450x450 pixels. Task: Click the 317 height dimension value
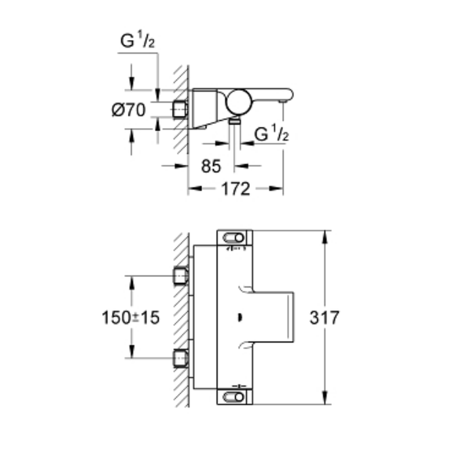[x=324, y=318]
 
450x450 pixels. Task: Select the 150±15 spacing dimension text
[x=130, y=318]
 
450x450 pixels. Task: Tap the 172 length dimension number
[x=236, y=189]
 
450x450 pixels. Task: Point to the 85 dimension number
[x=211, y=166]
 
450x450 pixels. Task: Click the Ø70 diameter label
[x=129, y=110]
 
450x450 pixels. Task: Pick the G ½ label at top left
[x=137, y=40]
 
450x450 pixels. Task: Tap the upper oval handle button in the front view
[x=233, y=238]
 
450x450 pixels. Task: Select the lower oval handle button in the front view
[x=233, y=397]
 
